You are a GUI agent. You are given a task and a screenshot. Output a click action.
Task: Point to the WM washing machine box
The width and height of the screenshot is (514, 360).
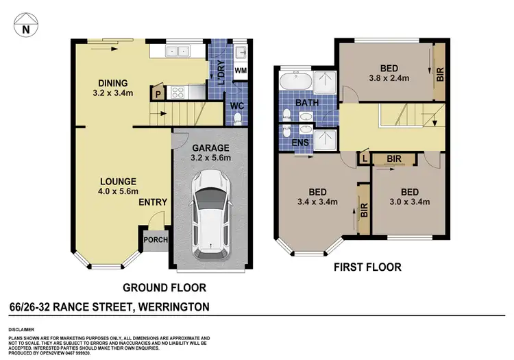click(241, 71)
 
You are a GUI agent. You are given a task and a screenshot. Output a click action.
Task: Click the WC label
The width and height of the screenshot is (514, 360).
click(236, 106)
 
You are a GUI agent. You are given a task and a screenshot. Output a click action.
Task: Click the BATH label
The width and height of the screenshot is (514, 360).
click(306, 103)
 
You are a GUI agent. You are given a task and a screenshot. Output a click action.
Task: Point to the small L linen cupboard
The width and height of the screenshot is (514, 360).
click(363, 158)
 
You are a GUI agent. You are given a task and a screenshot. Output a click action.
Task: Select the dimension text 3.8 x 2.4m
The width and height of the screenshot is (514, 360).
click(389, 78)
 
